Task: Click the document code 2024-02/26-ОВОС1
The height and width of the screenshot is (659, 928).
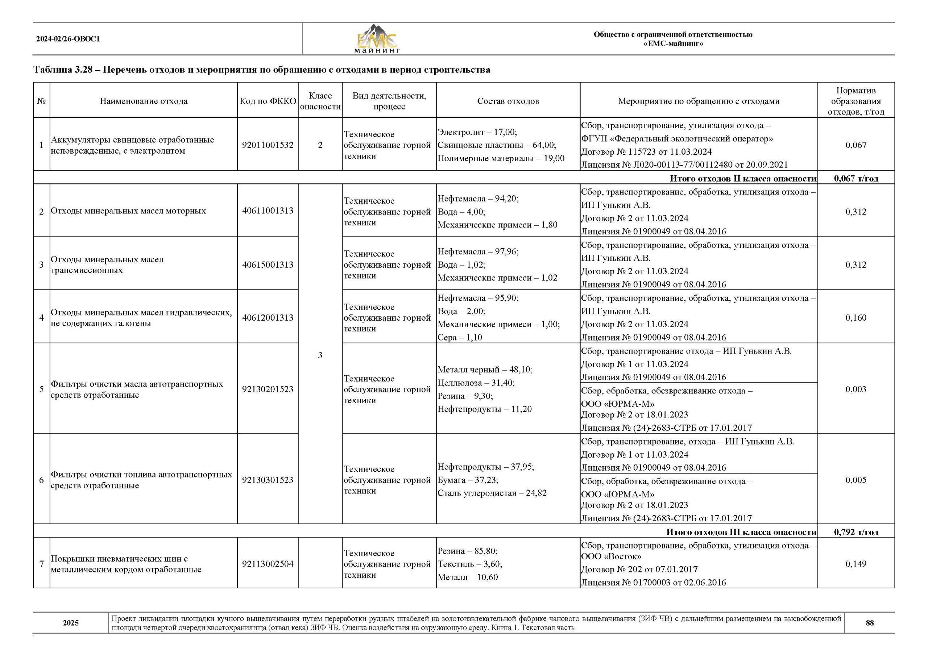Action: coord(68,39)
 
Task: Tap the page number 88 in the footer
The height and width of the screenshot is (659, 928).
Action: coord(870,623)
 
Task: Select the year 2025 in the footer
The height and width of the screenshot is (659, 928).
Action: coord(71,623)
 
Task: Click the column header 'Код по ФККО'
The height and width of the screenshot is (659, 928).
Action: coord(268,101)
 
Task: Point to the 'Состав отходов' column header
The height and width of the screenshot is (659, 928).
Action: coord(508,101)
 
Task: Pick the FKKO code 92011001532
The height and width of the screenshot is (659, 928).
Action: coord(268,145)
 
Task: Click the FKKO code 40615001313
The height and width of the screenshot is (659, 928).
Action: coord(268,264)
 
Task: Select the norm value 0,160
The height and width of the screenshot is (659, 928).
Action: coord(856,317)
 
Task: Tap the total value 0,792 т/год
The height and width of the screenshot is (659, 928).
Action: coord(856,532)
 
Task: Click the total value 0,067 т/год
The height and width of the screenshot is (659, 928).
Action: coord(856,179)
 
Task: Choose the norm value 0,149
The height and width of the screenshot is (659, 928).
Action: coord(856,564)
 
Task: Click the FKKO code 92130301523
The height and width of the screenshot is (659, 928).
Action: coord(268,480)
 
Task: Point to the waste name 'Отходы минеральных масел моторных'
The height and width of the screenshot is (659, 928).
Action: coord(128,211)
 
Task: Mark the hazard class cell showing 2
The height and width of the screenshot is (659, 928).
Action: coord(320,145)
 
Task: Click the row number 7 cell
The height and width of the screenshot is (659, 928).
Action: coord(41,564)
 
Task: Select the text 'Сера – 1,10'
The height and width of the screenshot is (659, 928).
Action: coord(460,338)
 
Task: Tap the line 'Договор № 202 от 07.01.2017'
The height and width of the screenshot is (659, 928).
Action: coord(639,569)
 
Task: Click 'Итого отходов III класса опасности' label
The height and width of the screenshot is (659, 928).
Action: coord(741,532)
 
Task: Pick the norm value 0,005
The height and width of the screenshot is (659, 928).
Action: coord(856,480)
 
